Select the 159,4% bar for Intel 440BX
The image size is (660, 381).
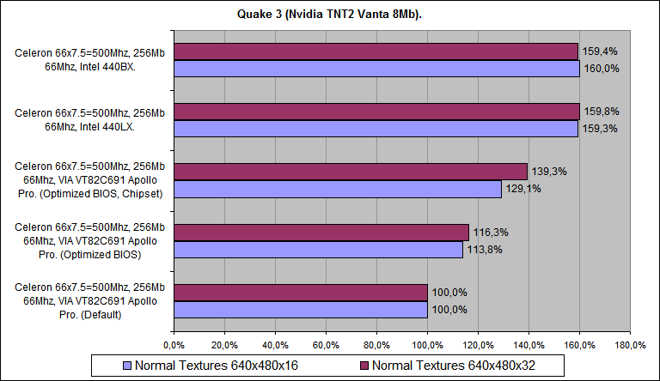point(376,51)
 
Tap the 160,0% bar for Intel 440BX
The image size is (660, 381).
point(376,69)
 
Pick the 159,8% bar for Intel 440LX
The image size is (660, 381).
point(376,112)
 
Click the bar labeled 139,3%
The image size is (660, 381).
point(351,172)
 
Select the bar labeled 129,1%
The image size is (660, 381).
point(338,189)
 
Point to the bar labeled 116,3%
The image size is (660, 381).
point(321,232)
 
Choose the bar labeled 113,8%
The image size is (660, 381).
point(318,249)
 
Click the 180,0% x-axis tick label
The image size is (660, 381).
point(630,345)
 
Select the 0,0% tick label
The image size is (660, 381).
point(174,345)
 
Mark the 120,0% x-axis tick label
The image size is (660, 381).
point(478,345)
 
